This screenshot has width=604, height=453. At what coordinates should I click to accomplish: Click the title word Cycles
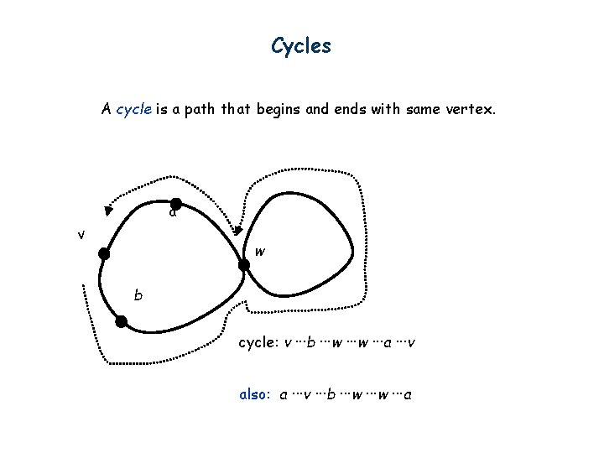pyautogui.click(x=301, y=46)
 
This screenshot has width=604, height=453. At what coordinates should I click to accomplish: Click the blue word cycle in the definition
pyautogui.click(x=133, y=109)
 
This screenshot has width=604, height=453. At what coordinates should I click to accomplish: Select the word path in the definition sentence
pyautogui.click(x=185, y=109)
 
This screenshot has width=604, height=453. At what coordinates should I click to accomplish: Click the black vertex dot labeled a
pyautogui.click(x=176, y=203)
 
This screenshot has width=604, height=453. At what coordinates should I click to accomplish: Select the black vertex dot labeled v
pyautogui.click(x=103, y=253)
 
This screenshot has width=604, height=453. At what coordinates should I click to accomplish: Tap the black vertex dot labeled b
pyautogui.click(x=122, y=321)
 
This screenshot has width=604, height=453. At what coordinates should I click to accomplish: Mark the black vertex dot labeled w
pyautogui.click(x=244, y=266)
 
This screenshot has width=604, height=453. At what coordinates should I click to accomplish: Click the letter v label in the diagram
pyautogui.click(x=81, y=235)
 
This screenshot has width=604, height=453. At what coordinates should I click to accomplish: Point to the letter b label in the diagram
pyautogui.click(x=138, y=296)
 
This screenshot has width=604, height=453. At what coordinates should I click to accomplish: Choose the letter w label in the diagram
pyautogui.click(x=260, y=251)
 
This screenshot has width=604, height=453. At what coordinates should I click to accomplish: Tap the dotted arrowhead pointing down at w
pyautogui.click(x=237, y=228)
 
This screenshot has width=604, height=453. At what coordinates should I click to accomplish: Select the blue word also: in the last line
pyautogui.click(x=254, y=394)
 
